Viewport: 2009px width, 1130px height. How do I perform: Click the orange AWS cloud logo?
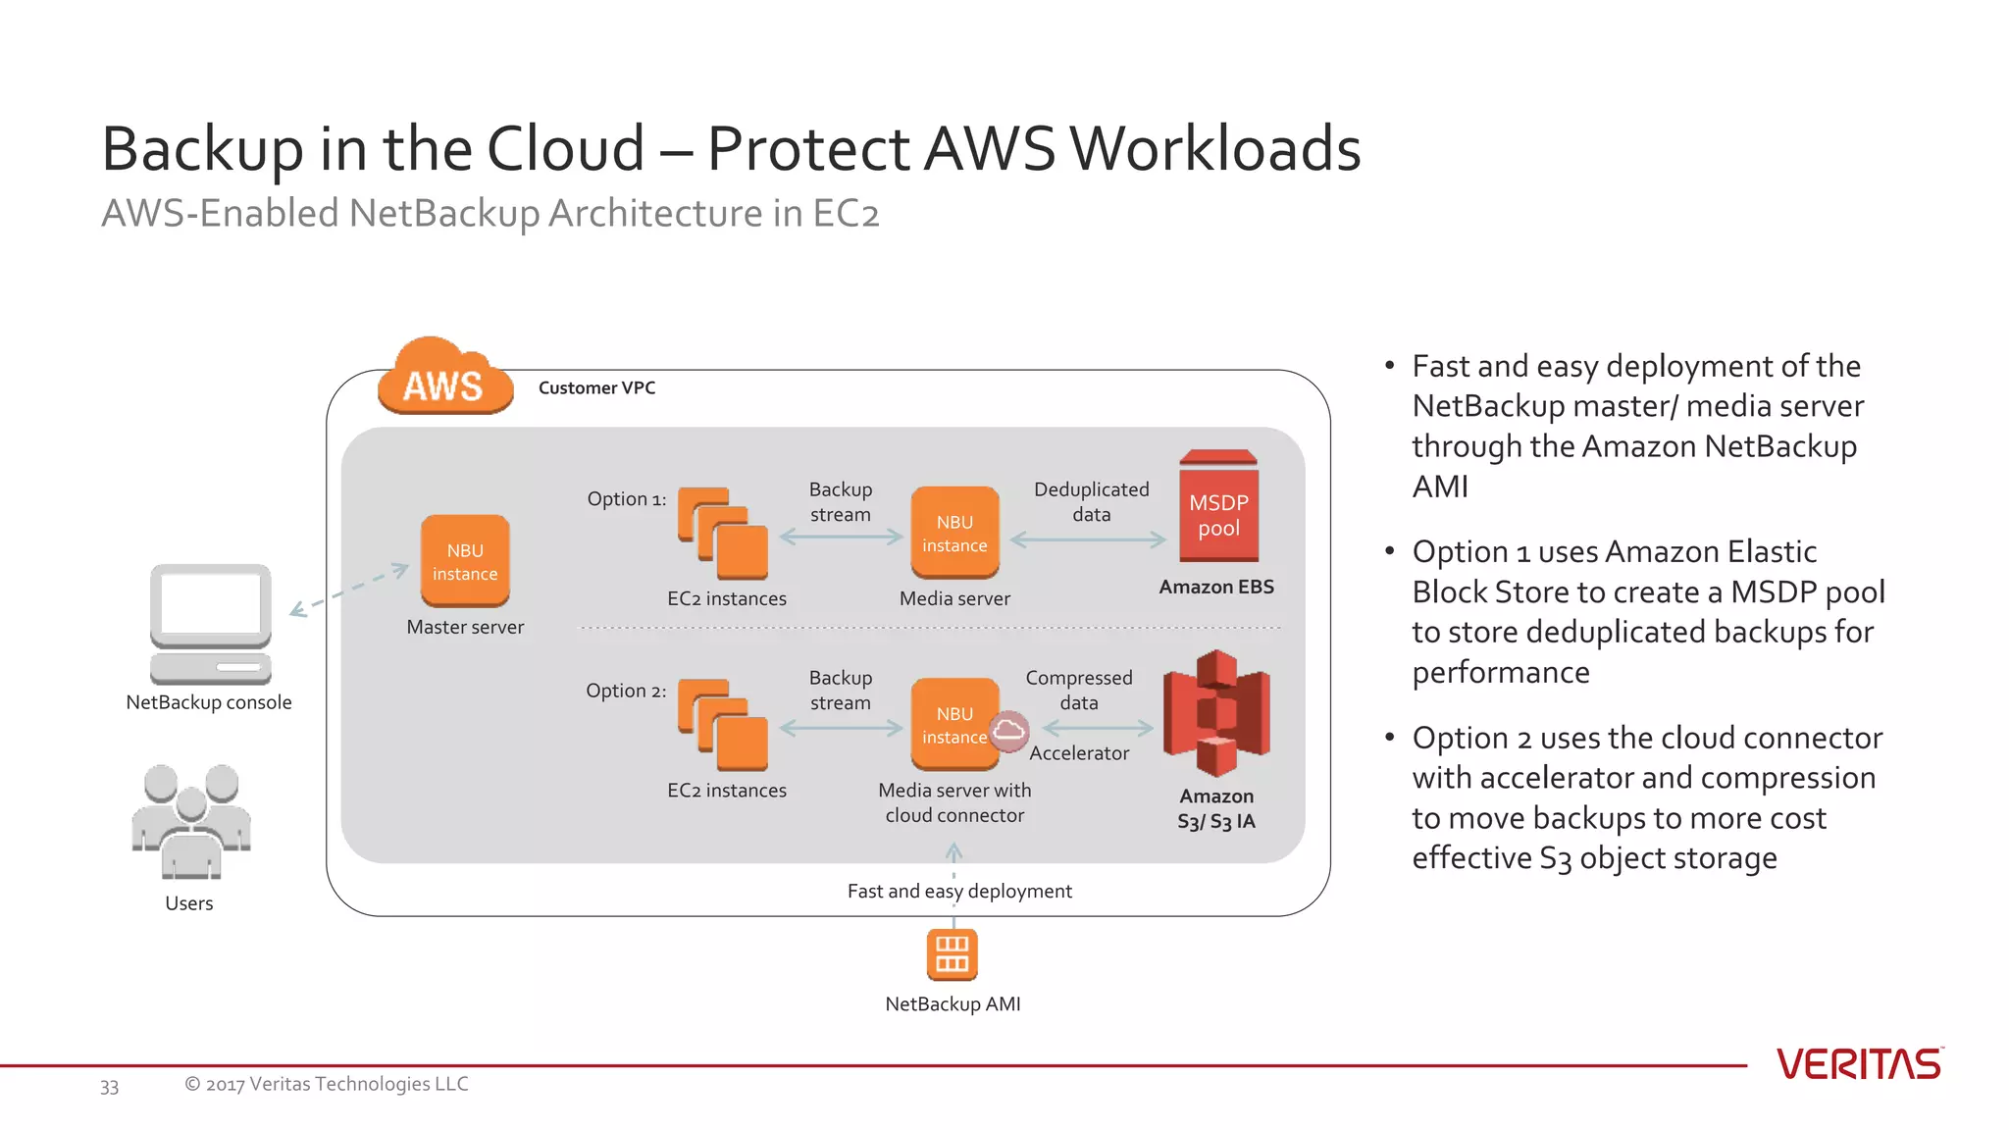point(444,379)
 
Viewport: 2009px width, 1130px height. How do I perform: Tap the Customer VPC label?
point(596,387)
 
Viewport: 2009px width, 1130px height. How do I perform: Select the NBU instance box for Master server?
point(465,561)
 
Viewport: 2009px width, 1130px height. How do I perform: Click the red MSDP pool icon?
point(1218,507)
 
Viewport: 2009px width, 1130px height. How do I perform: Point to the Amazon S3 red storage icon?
point(1216,713)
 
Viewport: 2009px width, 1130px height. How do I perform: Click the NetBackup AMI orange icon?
point(952,954)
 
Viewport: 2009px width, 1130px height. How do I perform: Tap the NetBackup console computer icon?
point(210,624)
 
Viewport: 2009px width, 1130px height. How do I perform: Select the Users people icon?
point(191,822)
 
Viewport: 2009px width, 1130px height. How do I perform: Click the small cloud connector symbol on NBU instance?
point(1008,731)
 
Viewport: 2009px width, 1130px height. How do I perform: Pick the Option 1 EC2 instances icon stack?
point(723,534)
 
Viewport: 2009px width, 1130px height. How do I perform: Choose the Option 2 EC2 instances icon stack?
point(723,725)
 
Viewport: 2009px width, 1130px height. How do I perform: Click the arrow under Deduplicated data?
point(1088,539)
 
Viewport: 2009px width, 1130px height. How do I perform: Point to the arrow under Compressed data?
point(1098,728)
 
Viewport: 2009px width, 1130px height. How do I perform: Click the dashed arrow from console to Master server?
point(349,590)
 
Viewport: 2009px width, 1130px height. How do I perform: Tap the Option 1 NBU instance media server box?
point(954,533)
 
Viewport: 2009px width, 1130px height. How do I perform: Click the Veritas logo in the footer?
point(1859,1064)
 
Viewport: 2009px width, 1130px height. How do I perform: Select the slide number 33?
point(109,1086)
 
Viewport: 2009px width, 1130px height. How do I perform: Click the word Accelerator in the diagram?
point(1079,753)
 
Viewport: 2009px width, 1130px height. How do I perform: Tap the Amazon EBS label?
point(1216,587)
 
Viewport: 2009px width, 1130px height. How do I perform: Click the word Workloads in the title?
point(1214,149)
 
